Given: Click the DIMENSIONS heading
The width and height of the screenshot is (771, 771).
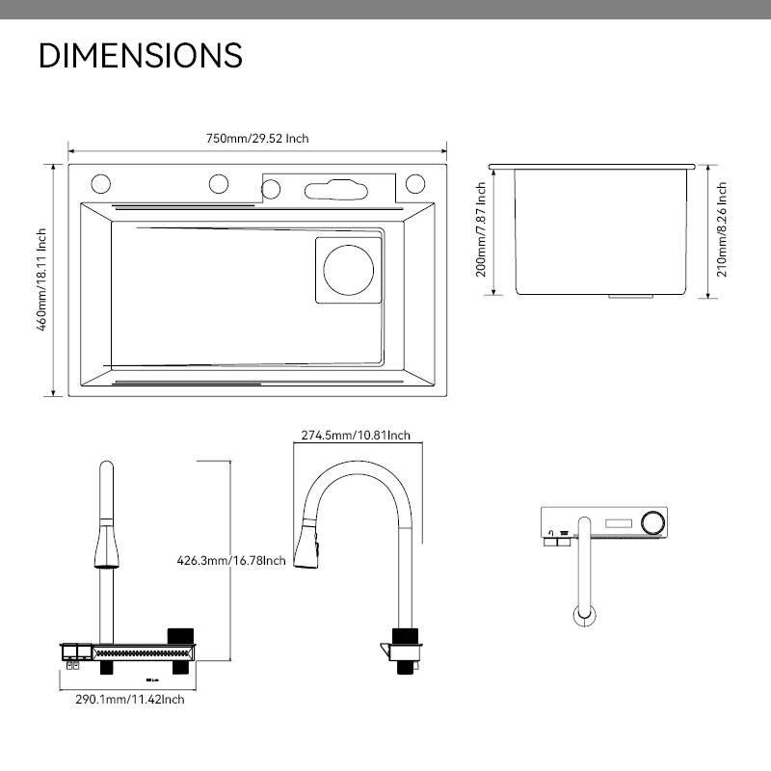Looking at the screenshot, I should (x=140, y=55).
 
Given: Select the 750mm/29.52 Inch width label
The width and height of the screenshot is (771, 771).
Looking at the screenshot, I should (x=257, y=139).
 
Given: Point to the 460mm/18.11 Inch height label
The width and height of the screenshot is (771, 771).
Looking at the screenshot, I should (x=42, y=279).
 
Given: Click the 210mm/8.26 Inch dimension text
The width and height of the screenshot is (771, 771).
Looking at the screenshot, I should (x=722, y=229).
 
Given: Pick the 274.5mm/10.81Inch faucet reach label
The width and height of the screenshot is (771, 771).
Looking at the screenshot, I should (x=356, y=435).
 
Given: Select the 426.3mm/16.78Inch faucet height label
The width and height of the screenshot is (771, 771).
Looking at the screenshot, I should (x=231, y=560).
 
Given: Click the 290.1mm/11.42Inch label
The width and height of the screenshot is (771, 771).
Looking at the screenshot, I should (x=130, y=699).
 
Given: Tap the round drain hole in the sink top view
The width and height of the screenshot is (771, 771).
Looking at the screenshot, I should (x=348, y=270).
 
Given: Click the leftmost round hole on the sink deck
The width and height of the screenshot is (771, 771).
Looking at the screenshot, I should (x=100, y=182).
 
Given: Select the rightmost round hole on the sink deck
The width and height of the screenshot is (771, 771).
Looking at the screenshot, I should (x=416, y=182).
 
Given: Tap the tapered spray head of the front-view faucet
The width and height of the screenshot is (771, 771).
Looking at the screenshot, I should (x=105, y=545).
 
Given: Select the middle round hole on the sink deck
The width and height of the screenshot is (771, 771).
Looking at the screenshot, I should (x=219, y=182).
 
